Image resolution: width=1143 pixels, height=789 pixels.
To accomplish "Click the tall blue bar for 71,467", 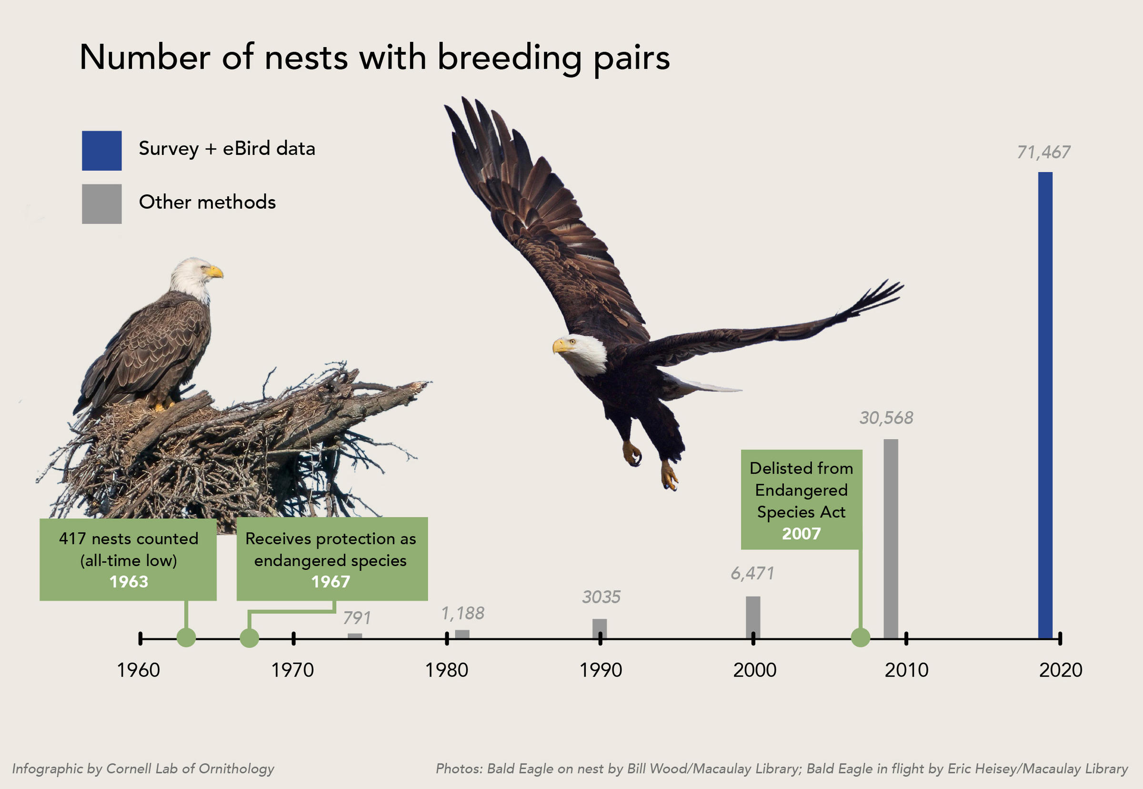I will click(1045, 405).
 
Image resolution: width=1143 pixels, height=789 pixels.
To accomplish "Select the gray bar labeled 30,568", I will click(891, 539).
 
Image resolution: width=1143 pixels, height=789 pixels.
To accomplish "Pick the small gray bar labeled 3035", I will click(600, 628).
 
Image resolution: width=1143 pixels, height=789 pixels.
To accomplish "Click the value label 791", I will click(356, 617).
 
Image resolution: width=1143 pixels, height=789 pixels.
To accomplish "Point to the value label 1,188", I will click(462, 613).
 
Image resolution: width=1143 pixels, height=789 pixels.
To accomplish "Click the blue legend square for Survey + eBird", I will click(102, 150).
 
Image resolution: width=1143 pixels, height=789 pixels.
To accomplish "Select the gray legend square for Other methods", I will click(102, 203).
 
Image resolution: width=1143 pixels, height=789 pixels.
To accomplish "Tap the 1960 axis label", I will click(139, 670).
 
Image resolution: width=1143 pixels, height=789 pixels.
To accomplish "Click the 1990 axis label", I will click(601, 670).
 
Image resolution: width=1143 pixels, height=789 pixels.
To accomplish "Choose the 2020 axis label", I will click(1061, 670).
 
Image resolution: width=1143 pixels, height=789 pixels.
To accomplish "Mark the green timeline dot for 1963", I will click(186, 637).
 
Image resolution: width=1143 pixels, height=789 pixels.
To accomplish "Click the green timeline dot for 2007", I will click(860, 637).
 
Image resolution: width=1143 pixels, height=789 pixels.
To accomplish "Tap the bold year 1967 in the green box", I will click(331, 582).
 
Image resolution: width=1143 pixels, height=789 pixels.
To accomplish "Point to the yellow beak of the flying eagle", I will click(561, 346).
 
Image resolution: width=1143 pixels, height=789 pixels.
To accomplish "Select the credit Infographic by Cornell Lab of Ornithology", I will click(143, 768).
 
